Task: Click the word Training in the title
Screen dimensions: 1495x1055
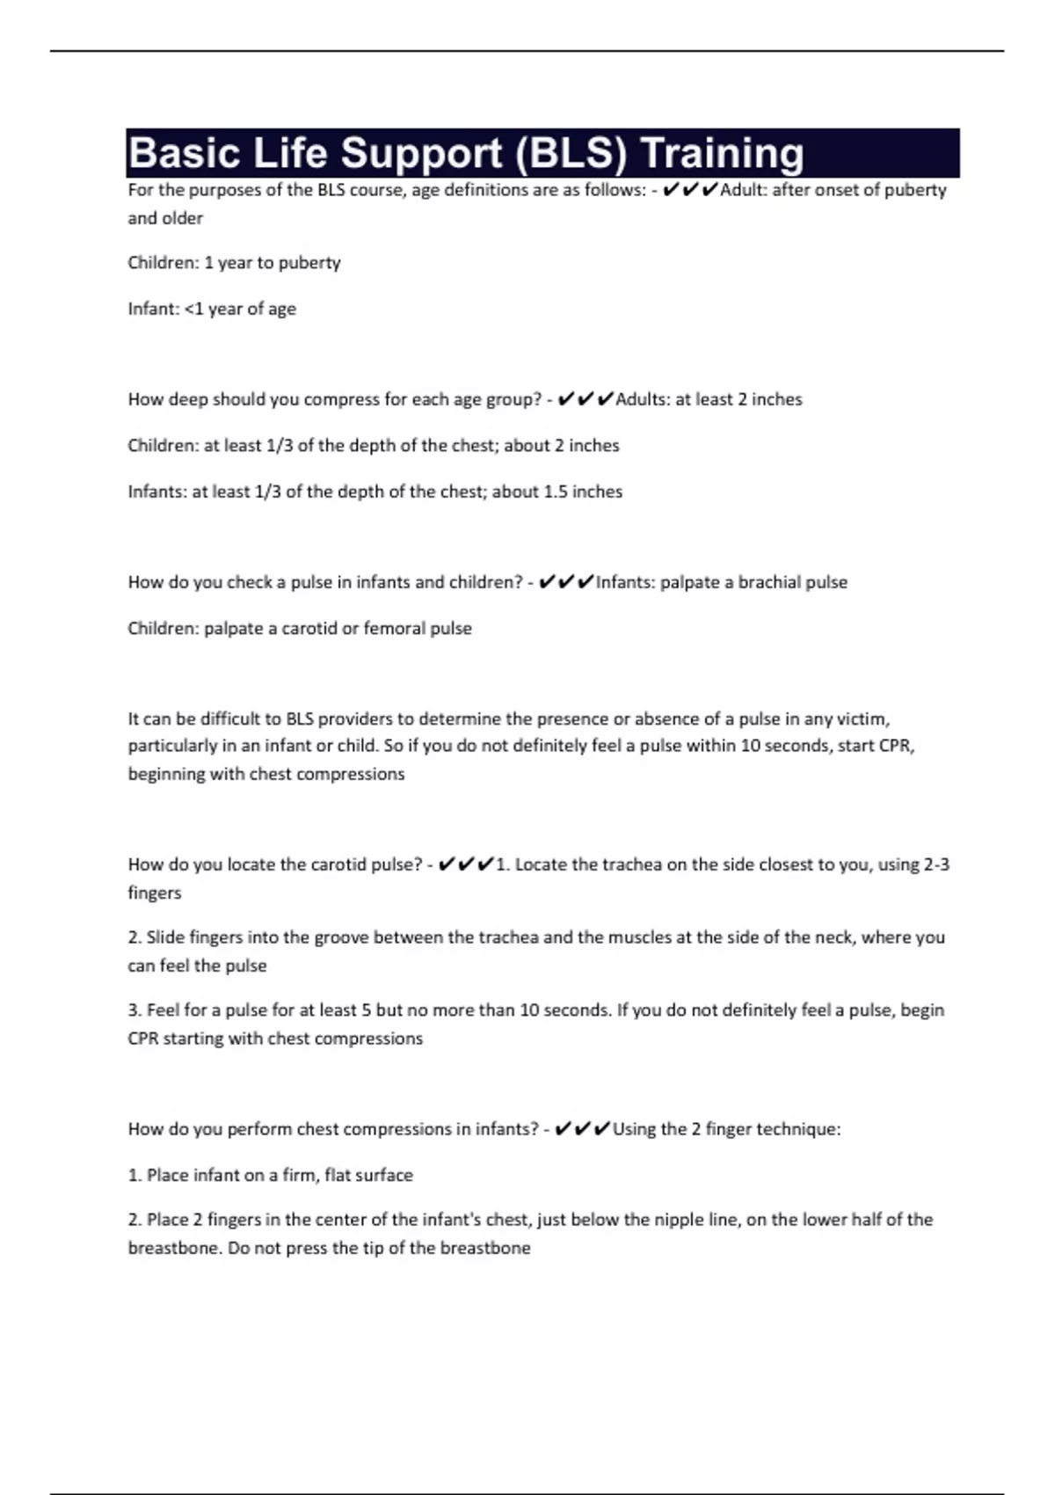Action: click(722, 154)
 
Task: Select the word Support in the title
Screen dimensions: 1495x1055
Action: click(421, 154)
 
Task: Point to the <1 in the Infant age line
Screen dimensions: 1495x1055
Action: click(193, 309)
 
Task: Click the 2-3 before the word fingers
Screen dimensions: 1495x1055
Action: click(936, 864)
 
